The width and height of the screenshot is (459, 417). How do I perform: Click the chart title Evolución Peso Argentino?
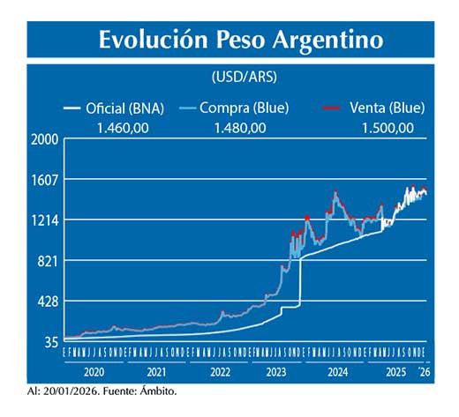point(240,40)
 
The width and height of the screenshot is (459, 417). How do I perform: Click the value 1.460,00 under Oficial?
point(120,128)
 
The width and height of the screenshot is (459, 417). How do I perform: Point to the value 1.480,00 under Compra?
point(240,128)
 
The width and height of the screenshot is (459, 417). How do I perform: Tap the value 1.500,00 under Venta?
point(387,128)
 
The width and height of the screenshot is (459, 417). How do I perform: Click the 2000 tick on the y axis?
point(44,139)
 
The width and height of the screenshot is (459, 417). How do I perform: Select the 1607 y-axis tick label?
point(44,180)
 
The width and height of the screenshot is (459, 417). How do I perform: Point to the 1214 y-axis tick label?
point(44,220)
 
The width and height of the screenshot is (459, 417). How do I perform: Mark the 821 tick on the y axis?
point(48,261)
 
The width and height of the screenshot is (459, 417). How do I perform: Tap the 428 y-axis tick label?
point(48,302)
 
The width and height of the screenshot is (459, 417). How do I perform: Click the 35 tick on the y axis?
point(51,342)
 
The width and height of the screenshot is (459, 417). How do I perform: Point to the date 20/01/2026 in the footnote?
point(71,389)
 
